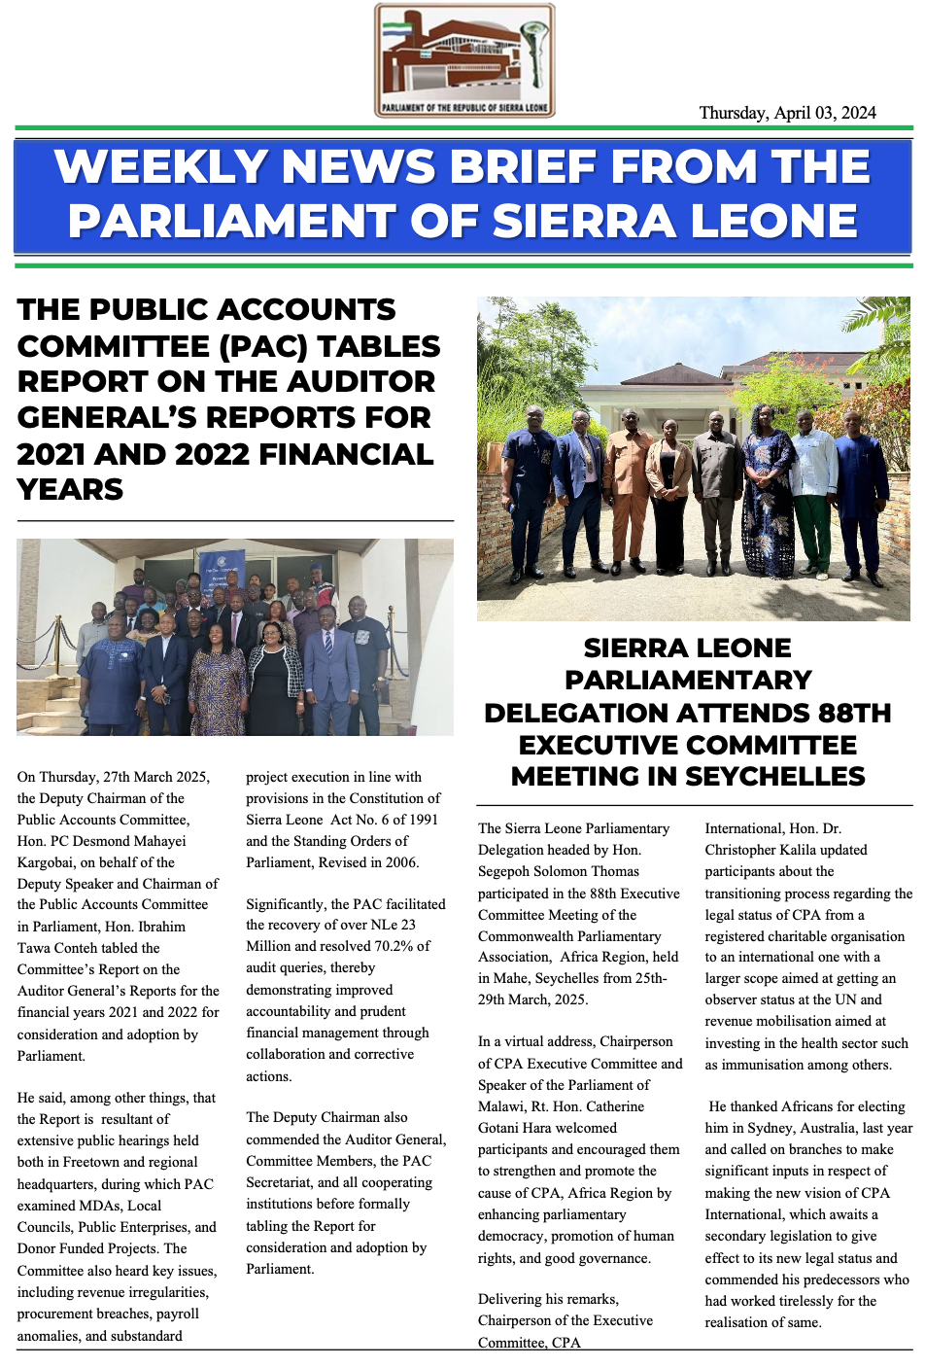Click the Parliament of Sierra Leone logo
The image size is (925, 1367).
click(x=464, y=61)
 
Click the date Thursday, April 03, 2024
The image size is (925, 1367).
click(x=787, y=113)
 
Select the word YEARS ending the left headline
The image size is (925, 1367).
click(x=70, y=489)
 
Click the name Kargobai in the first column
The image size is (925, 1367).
click(x=47, y=862)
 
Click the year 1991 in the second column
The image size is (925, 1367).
click(x=422, y=820)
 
